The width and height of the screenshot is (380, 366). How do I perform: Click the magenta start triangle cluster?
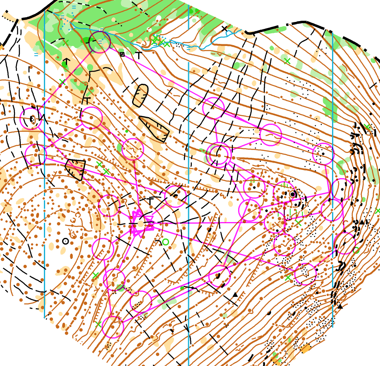coord(141,223)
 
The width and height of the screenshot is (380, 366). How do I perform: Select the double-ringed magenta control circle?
coord(219,155)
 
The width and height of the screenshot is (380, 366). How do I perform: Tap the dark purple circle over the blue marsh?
coord(100,42)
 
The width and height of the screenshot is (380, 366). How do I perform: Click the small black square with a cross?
coord(122,54)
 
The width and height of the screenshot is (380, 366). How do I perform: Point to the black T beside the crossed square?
coord(139,55)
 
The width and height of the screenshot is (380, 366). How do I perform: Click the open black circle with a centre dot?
coord(65,241)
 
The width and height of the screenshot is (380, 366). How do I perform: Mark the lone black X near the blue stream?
coord(224,29)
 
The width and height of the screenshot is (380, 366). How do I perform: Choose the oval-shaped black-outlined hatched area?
coord(141,96)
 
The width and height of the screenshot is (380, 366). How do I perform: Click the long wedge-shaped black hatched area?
coord(155,128)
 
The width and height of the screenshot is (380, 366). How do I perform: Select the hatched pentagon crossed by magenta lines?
coord(76,169)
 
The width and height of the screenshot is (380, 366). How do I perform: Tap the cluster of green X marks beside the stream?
coord(161,41)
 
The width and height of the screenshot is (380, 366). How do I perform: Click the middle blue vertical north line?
coord(189,203)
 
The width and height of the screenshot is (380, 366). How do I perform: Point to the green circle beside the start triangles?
coord(165,242)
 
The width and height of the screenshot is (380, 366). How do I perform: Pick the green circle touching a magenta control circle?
coord(356,250)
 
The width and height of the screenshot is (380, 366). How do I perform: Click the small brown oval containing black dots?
coord(33,119)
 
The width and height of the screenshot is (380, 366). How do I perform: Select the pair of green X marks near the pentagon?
coord(102,168)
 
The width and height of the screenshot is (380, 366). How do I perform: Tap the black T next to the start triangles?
coord(150,201)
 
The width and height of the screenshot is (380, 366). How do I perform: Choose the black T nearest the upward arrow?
coord(87,99)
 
